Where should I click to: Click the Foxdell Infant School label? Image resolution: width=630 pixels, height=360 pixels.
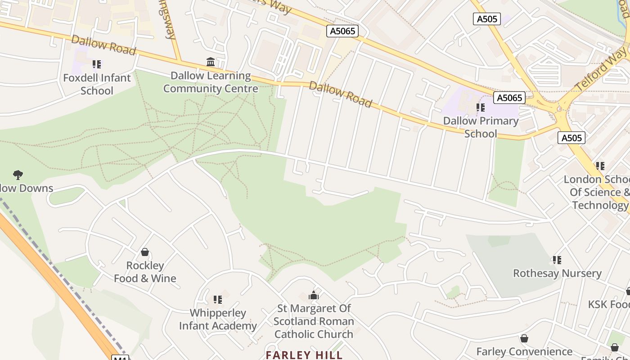coord(97,84)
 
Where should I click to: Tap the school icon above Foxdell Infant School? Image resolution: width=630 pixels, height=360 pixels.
coord(97,64)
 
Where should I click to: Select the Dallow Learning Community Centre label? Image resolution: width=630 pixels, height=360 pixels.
coord(211,82)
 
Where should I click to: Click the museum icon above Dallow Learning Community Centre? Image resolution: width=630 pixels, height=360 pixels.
coord(211,62)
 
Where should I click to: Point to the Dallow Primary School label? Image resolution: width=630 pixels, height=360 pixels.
coord(481,127)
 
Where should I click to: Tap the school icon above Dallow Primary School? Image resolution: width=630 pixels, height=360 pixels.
coord(481,108)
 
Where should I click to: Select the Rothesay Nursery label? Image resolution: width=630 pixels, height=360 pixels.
coord(557,273)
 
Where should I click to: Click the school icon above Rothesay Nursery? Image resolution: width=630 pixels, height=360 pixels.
coord(557,260)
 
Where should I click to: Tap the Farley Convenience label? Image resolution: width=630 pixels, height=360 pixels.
coord(524,351)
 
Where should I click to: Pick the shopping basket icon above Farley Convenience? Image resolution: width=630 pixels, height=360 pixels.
coord(524,338)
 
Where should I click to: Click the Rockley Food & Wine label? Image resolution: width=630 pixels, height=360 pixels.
coord(145,272)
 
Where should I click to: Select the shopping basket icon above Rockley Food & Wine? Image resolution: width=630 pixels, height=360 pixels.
coord(145,252)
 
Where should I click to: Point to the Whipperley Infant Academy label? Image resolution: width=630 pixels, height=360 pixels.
coord(218,319)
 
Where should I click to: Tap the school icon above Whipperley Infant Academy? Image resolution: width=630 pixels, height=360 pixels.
coord(218,299)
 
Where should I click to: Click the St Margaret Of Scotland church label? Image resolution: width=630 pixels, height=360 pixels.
coord(314,321)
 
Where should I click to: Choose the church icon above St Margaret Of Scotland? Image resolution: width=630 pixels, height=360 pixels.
coord(314,295)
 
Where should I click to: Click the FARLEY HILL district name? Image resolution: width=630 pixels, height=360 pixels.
coord(304,355)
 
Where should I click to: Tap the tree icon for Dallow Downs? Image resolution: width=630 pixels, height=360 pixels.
coord(18,175)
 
